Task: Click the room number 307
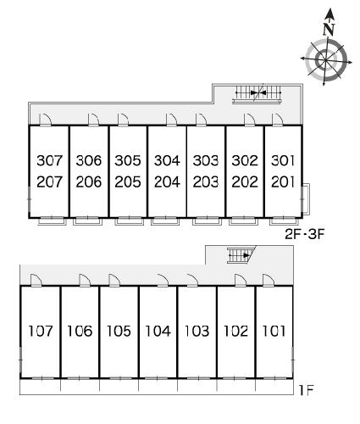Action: pyautogui.click(x=49, y=160)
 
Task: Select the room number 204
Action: pyautogui.click(x=167, y=181)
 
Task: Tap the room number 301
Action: pyautogui.click(x=283, y=160)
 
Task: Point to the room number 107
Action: pyautogui.click(x=41, y=331)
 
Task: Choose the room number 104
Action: pyautogui.click(x=158, y=331)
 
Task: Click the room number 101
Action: pyautogui.click(x=274, y=331)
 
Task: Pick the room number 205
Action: pyautogui.click(x=128, y=181)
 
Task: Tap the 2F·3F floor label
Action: pyautogui.click(x=305, y=234)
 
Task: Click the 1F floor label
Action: pyautogui.click(x=306, y=390)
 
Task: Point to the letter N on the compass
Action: pyautogui.click(x=329, y=29)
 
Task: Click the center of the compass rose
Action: pyautogui.click(x=325, y=60)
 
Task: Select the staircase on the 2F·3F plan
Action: pyautogui.click(x=258, y=93)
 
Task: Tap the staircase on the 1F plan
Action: pyautogui.click(x=240, y=255)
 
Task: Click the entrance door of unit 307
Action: pyautogui.click(x=45, y=120)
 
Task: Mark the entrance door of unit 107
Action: pyautogui.click(x=36, y=281)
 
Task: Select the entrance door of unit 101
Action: pyautogui.click(x=269, y=281)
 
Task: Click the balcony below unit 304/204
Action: pyautogui.click(x=165, y=221)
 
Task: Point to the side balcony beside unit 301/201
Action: pyautogui.click(x=306, y=199)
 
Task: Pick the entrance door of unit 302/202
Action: pyautogui.click(x=250, y=120)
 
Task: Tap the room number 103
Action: pyautogui.click(x=197, y=331)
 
